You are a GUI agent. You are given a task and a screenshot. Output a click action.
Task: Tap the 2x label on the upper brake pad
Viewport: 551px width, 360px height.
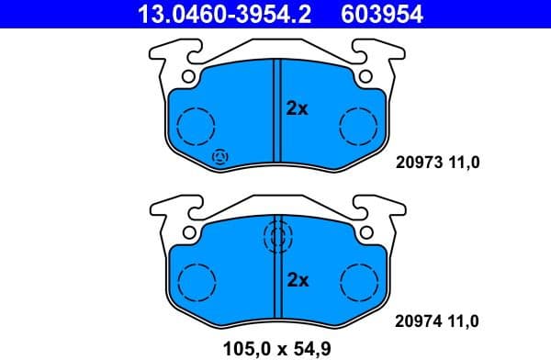pos(297,108)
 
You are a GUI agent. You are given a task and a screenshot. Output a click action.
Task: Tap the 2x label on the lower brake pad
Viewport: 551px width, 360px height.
pos(297,280)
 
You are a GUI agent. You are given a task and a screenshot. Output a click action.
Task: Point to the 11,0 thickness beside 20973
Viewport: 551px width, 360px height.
pos(463,163)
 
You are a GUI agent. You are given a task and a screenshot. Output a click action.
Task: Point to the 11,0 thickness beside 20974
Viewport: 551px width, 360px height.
pos(463,321)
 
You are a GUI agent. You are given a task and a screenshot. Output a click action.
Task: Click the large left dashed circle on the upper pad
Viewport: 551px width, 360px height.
pos(195,125)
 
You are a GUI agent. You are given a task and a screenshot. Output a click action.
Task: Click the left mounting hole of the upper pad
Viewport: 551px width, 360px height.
pos(187,76)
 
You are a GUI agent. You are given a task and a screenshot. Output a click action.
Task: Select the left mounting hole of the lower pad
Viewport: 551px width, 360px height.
pos(187,231)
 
